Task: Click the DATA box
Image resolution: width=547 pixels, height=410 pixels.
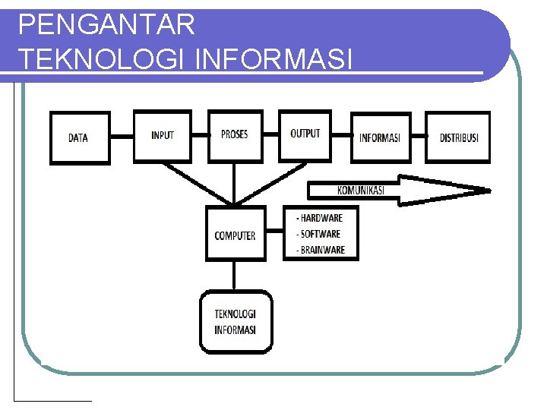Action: coord(80,138)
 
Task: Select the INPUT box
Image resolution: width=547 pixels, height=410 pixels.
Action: coord(163,136)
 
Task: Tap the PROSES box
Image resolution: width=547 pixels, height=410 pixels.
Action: coord(235,135)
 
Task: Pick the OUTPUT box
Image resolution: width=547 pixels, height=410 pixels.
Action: coord(305,135)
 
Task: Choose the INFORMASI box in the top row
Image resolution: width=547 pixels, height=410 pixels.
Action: coord(380,138)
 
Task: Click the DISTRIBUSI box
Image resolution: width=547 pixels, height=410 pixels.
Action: coord(458,138)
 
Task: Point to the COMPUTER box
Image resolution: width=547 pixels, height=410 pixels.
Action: coord(236,235)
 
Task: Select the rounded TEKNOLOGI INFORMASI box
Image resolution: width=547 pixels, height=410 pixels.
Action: coord(236,322)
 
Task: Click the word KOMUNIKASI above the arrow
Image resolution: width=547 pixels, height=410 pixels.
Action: coord(360,190)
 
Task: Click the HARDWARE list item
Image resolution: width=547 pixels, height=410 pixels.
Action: coord(320,219)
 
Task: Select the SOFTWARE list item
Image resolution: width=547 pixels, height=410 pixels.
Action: coord(319,234)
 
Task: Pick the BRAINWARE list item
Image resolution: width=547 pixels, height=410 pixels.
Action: coord(321,250)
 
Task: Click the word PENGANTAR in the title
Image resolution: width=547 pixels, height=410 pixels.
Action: coord(106,26)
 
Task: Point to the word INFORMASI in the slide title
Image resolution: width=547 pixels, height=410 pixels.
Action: coord(274,59)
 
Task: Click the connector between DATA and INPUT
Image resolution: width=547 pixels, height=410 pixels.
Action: coord(122,137)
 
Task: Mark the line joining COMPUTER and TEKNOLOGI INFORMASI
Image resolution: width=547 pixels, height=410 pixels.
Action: coord(236,276)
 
